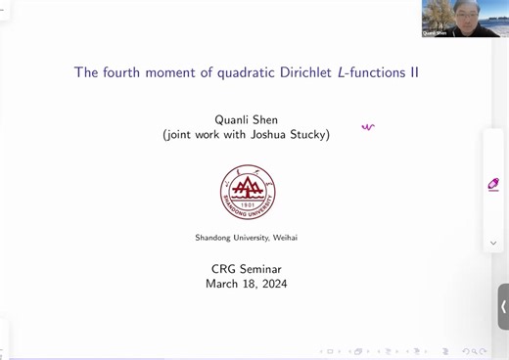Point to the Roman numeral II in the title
pos(414,72)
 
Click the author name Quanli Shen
pos(246,120)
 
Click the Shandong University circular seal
pos(247,192)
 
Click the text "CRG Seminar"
pos(246,269)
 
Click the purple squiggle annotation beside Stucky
pos(367,127)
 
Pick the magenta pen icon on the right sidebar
pos(493,184)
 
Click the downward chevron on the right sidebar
pos(493,243)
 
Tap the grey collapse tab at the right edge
pos(503,306)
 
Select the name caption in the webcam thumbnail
pos(435,32)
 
